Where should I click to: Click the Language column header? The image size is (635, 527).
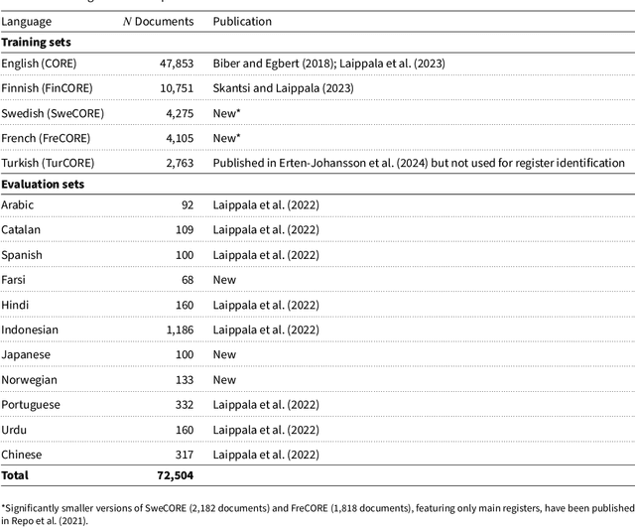pyautogui.click(x=27, y=21)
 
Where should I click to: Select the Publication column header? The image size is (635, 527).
pyautogui.click(x=242, y=21)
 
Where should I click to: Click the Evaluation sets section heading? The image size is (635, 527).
pyautogui.click(x=45, y=184)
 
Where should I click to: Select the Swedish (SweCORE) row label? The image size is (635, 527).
pyautogui.click(x=53, y=113)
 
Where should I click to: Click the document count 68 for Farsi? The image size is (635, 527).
pyautogui.click(x=189, y=280)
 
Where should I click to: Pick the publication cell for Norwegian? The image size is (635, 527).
pyautogui.click(x=224, y=379)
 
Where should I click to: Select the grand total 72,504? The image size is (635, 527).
pyautogui.click(x=175, y=476)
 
